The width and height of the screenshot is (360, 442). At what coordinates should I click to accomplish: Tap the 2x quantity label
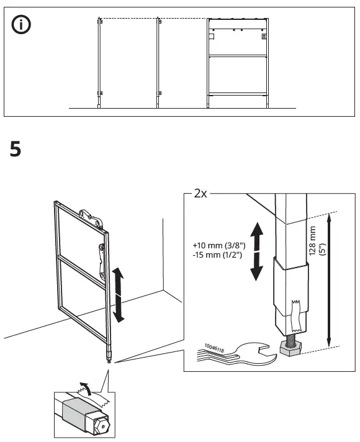click(200, 193)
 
